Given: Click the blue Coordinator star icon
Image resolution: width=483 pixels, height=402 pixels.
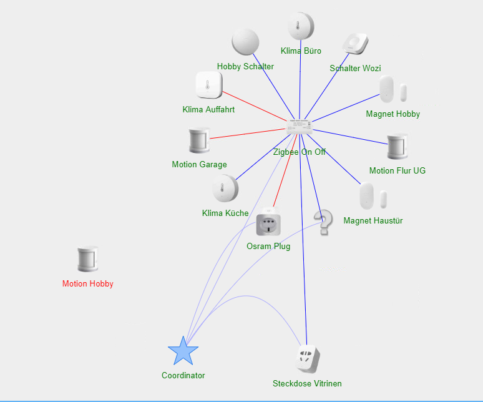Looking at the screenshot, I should (x=183, y=351).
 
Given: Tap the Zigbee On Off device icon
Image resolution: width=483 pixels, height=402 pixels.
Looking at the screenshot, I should (x=300, y=127).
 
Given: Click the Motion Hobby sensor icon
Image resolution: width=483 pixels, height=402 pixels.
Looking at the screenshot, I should (x=88, y=260).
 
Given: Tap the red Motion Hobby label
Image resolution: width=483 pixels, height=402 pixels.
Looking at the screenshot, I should (x=88, y=284).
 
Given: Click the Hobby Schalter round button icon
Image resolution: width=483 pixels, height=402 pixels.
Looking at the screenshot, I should (x=245, y=42).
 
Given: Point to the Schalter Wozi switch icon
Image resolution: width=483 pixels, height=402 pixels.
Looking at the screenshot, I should (x=356, y=44).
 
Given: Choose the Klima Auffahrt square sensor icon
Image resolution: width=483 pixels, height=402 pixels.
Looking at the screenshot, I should (x=209, y=86).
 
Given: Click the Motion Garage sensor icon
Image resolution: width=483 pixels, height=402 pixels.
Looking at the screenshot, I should (x=200, y=141).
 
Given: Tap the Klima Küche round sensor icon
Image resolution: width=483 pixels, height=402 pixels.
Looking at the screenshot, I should (x=225, y=189).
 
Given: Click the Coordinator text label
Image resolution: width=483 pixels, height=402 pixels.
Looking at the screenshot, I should (x=183, y=376).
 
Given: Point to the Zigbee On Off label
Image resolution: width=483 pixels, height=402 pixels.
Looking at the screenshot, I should (x=300, y=152).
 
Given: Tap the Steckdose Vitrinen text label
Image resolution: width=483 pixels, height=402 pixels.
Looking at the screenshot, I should (x=307, y=384).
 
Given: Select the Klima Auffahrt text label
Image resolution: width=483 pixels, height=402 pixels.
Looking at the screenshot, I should (x=208, y=110).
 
